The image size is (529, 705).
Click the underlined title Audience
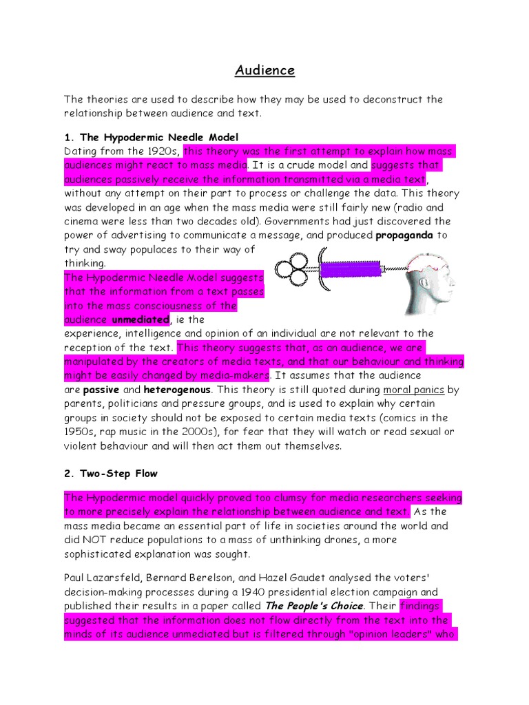(x=264, y=70)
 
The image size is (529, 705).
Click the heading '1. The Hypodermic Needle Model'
(x=151, y=137)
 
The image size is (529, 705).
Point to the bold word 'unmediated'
(x=140, y=319)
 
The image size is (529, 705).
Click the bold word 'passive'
(x=101, y=390)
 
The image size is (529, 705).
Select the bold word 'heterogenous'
(x=176, y=390)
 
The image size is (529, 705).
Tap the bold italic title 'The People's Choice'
(x=314, y=607)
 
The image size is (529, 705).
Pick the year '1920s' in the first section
(x=165, y=151)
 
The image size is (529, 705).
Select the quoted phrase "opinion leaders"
(x=388, y=635)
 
